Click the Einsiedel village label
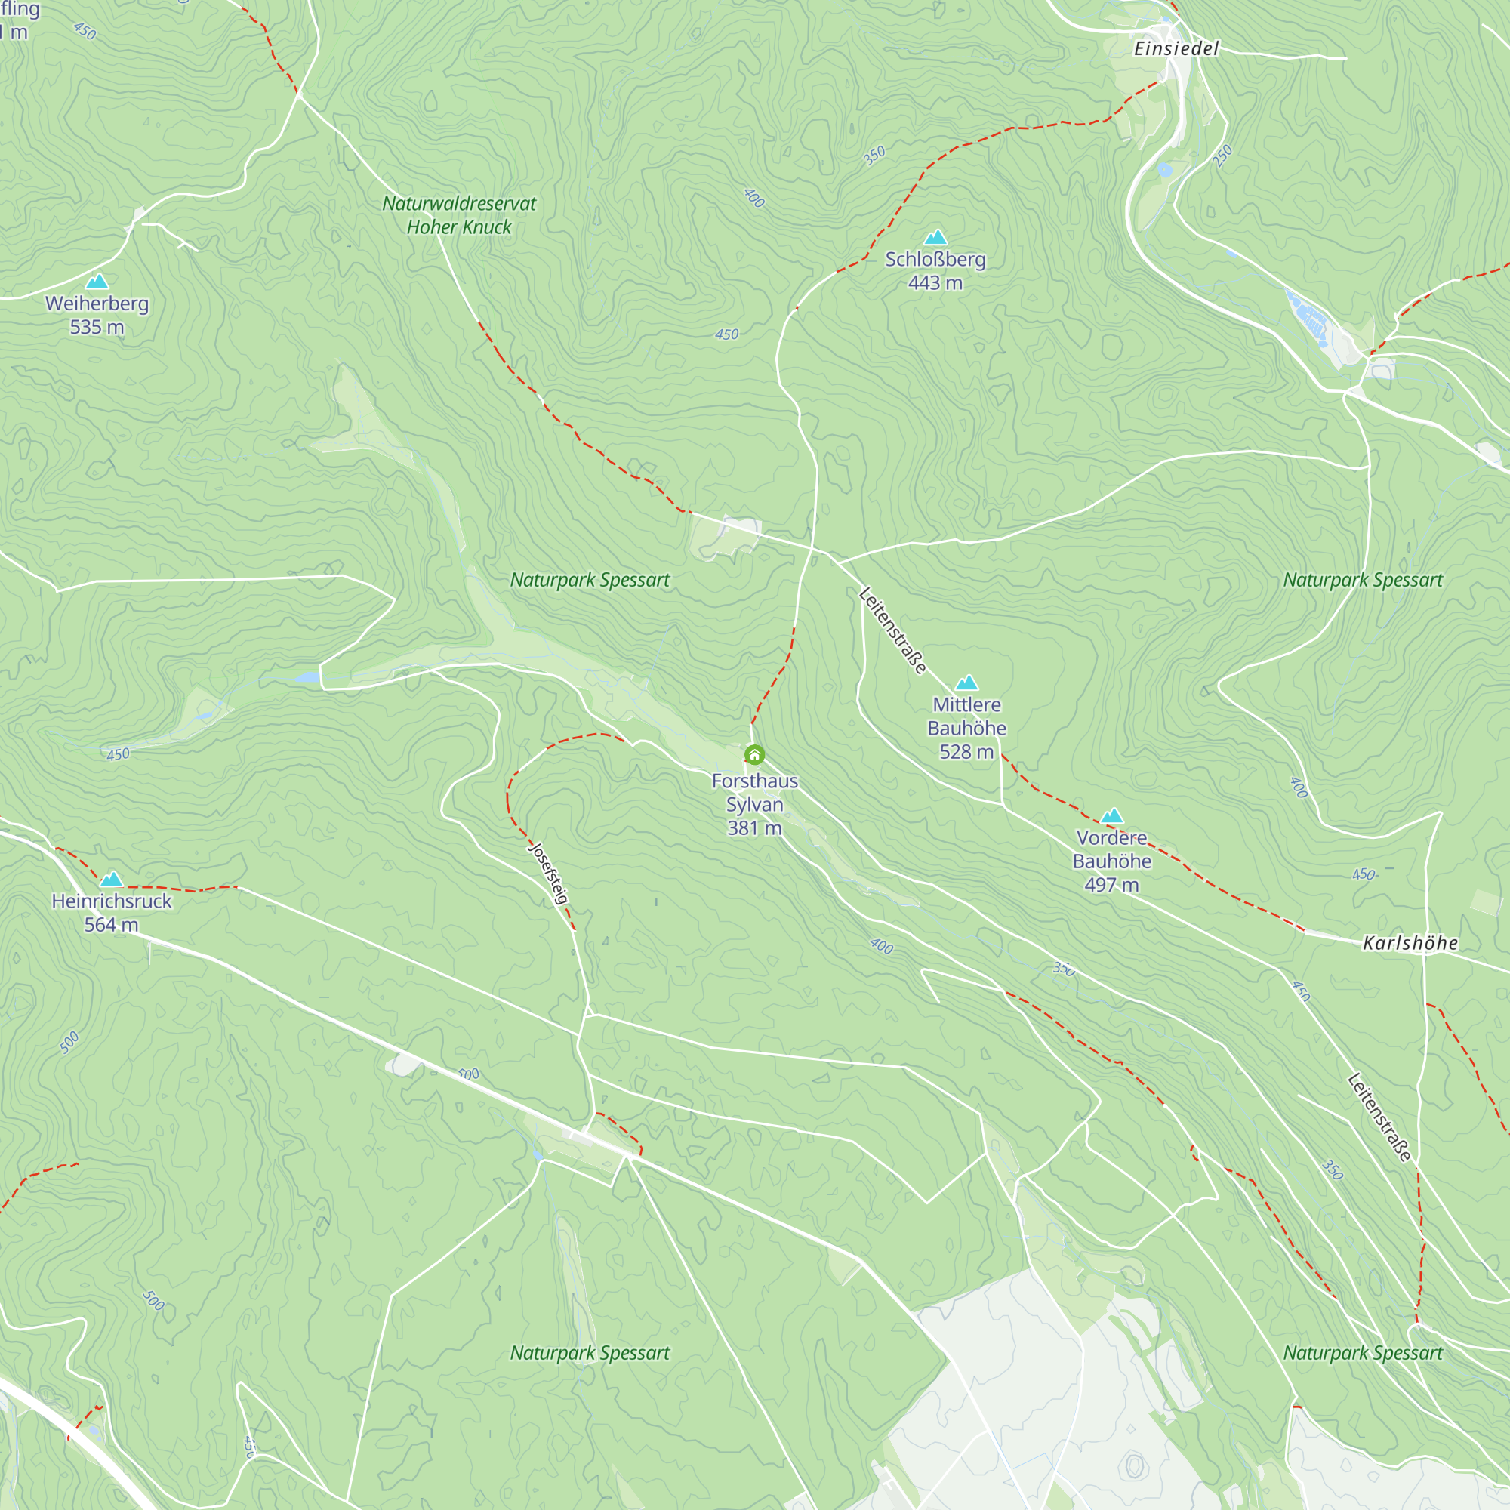click(x=1176, y=48)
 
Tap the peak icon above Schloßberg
click(x=935, y=238)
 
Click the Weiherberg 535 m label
click(x=97, y=315)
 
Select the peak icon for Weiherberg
click(x=97, y=282)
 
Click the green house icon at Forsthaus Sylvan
click(x=754, y=755)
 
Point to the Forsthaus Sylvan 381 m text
click(x=754, y=804)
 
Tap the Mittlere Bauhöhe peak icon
click(x=967, y=683)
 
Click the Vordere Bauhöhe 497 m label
click(x=1111, y=861)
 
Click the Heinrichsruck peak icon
click(x=112, y=880)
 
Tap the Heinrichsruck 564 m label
click(x=112, y=913)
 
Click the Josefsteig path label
click(x=550, y=873)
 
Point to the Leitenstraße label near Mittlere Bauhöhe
click(x=892, y=630)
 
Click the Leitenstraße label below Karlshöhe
click(x=1380, y=1117)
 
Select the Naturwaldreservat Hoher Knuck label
click(x=459, y=215)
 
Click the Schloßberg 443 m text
click(x=935, y=270)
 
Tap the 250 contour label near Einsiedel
click(x=1222, y=156)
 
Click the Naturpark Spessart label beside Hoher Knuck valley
click(x=590, y=580)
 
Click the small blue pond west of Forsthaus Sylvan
click(x=308, y=676)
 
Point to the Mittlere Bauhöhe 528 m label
click(x=967, y=729)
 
